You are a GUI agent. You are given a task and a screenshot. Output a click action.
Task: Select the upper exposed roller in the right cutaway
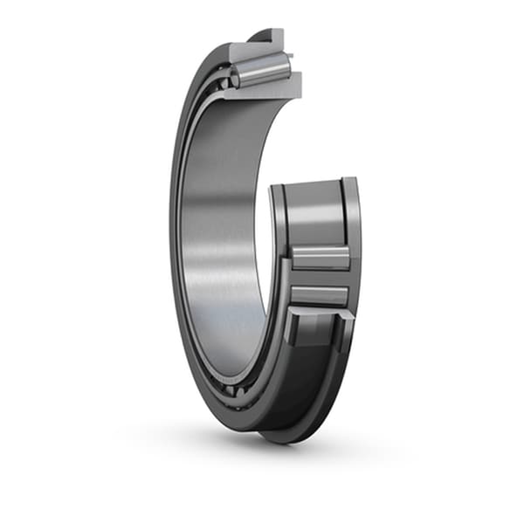pos(320,258)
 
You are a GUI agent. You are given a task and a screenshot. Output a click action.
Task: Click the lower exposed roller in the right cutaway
pos(320,294)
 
